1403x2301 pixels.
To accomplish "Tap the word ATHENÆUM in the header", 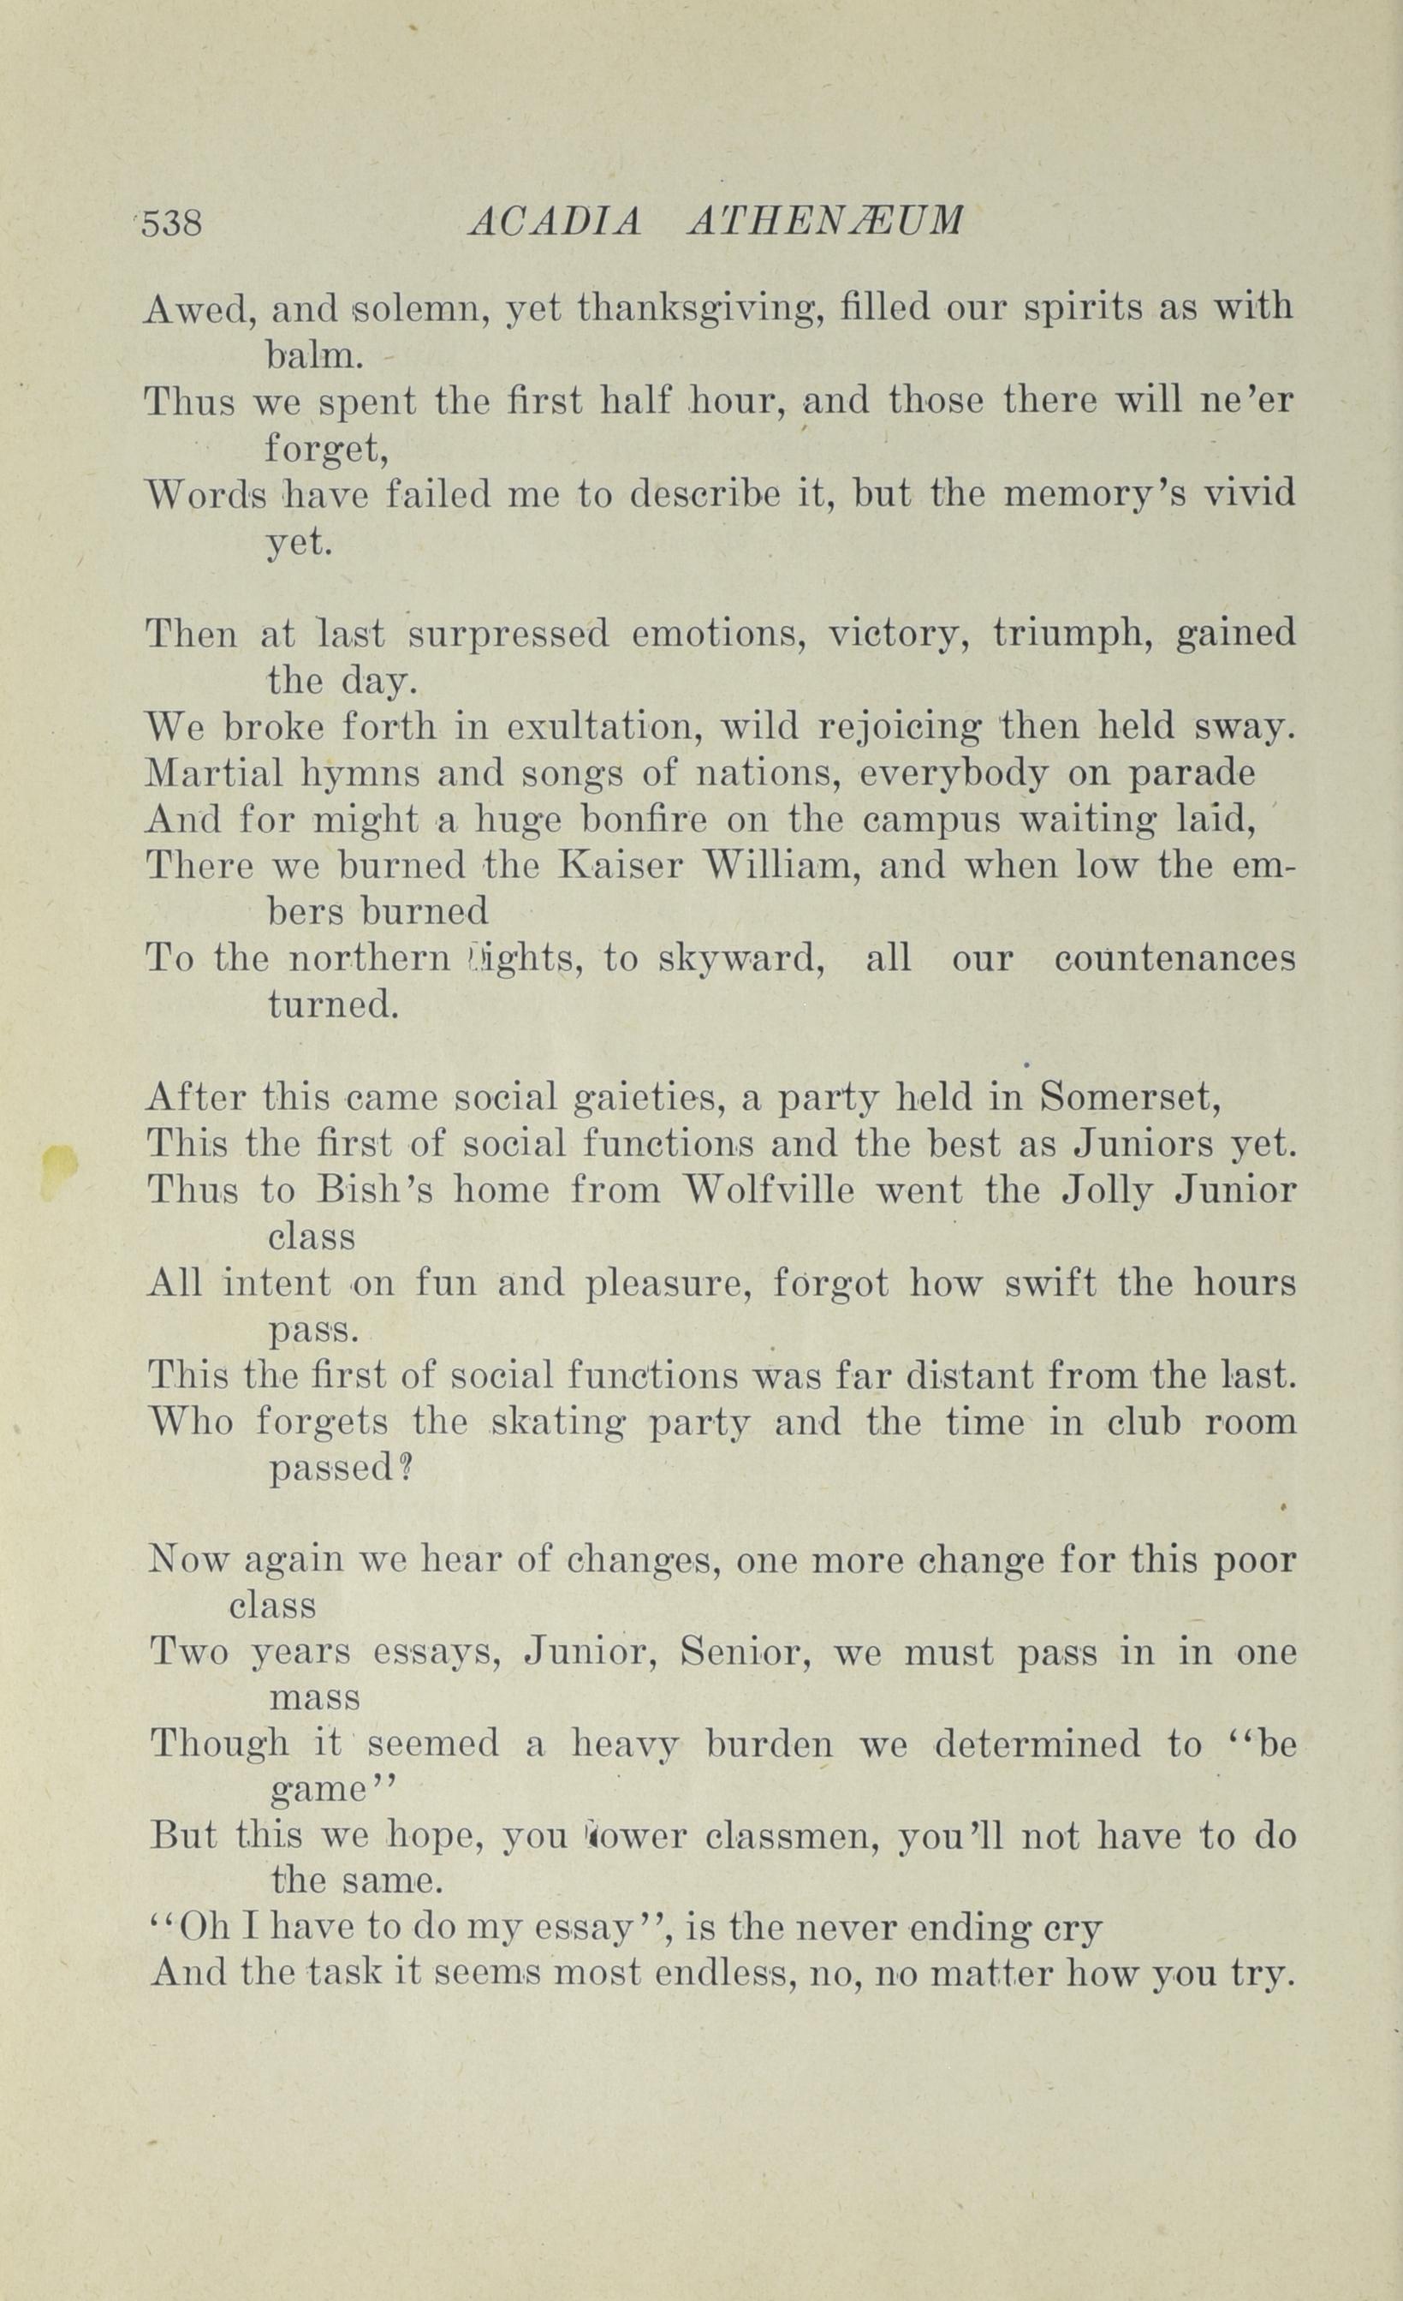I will (x=824, y=223).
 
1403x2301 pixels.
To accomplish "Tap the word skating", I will (x=559, y=1422).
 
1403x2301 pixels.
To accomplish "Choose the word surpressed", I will (x=508, y=635).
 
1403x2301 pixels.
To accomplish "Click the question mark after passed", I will (x=406, y=1469).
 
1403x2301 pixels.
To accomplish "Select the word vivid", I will (x=1248, y=493).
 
